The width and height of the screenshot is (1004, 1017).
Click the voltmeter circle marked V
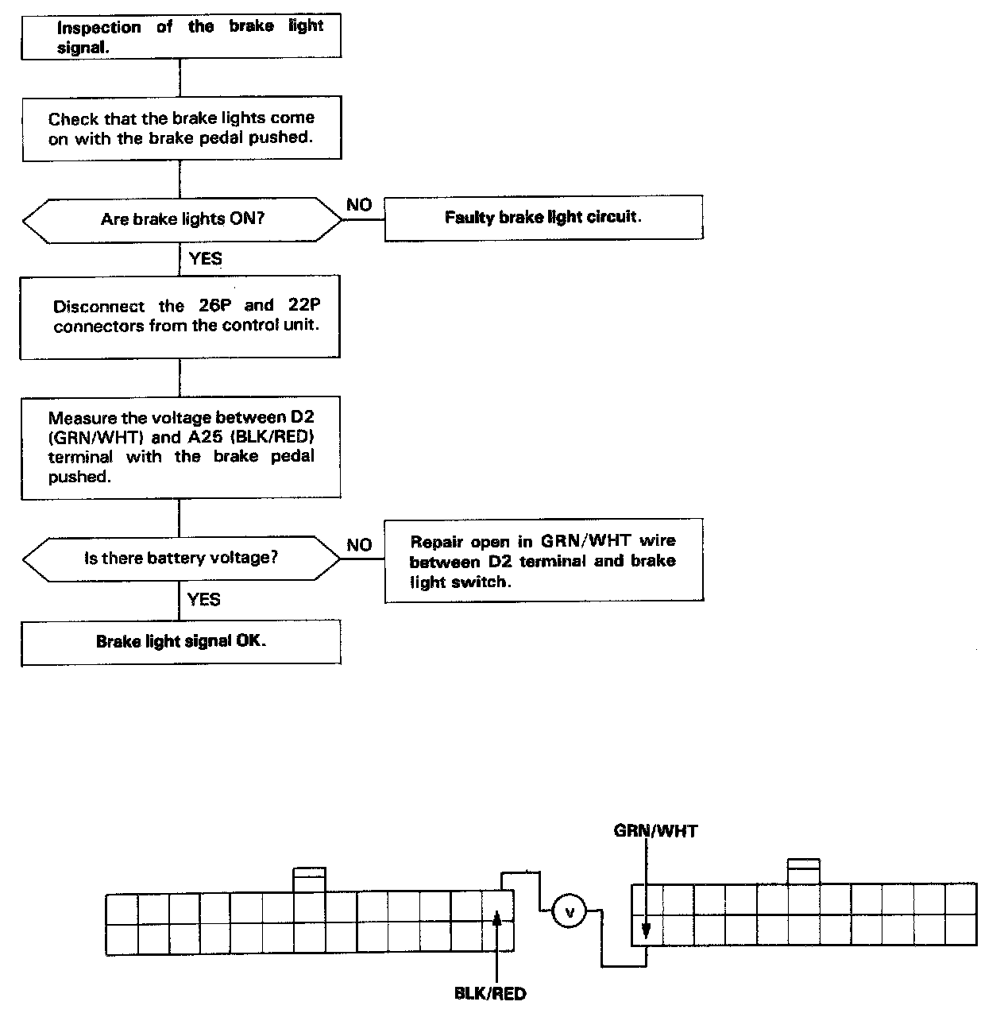[569, 911]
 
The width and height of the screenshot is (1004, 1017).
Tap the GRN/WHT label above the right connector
[655, 831]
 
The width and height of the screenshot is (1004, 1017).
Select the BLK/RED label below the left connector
[490, 993]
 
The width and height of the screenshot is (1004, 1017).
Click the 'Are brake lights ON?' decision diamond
[182, 219]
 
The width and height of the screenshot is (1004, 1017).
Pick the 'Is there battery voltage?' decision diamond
[182, 559]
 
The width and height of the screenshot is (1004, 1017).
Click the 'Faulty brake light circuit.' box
[543, 218]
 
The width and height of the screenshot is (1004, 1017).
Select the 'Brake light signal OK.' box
[181, 642]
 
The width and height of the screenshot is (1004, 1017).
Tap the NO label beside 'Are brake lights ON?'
[359, 205]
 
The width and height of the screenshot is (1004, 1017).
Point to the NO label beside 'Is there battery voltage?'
[359, 545]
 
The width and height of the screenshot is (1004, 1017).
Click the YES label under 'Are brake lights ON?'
[206, 258]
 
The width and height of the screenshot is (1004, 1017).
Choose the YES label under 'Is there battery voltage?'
[204, 599]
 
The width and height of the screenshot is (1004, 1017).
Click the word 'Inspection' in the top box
[99, 28]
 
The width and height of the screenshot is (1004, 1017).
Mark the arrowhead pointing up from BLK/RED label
[497, 919]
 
